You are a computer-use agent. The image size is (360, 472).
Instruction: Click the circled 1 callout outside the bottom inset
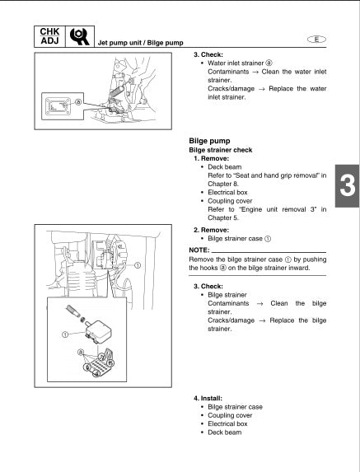pyautogui.click(x=137, y=266)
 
